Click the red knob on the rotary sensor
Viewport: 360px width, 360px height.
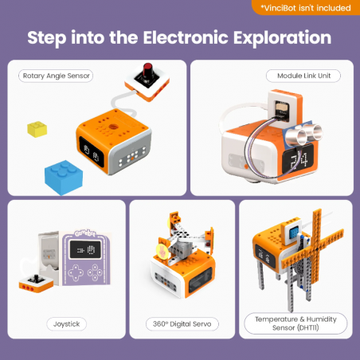[x=147, y=73]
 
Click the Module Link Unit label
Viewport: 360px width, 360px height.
[x=303, y=76]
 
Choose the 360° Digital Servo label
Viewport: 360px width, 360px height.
[x=182, y=324]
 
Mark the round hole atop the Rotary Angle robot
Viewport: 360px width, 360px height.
[x=109, y=125]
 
